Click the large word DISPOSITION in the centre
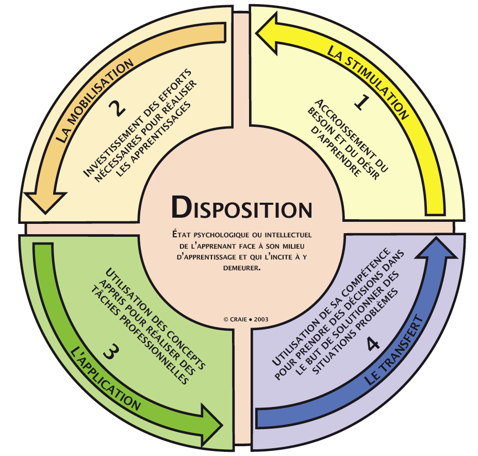(x=242, y=208)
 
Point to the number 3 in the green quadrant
(x=112, y=353)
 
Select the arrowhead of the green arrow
(x=210, y=417)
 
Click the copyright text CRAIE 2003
(x=246, y=319)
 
